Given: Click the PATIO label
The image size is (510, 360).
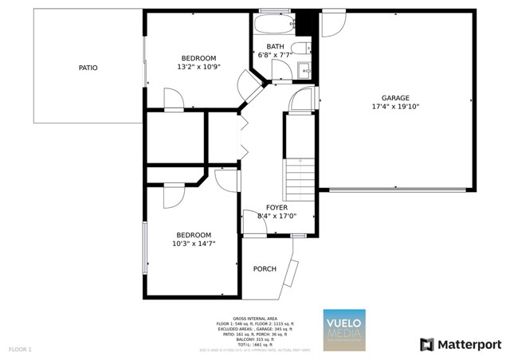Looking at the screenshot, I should tap(88, 68).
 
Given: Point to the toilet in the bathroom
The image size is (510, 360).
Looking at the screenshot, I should tap(302, 49).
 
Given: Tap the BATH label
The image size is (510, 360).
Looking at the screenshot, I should tap(275, 46).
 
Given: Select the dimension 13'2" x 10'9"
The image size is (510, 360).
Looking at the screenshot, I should tap(198, 67).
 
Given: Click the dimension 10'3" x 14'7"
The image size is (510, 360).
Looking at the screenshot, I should tap(194, 244).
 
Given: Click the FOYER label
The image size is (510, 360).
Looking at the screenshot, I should tap(277, 207).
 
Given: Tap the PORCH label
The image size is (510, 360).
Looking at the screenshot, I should tap(265, 269).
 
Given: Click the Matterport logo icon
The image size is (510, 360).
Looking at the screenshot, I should tap(427, 344).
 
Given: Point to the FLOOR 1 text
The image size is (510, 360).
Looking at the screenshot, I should tap(20, 349).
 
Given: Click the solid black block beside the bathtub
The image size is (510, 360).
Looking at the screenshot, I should tap(308, 22).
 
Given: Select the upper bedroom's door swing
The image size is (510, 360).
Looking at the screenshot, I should tap(174, 100).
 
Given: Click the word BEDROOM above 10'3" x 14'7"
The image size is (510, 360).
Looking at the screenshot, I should tap(194, 235).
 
